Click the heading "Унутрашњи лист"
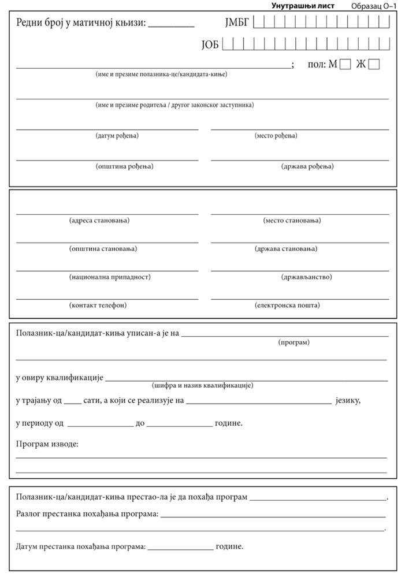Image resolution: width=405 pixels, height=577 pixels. (x=303, y=6)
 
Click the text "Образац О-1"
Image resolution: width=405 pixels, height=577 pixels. (x=373, y=6)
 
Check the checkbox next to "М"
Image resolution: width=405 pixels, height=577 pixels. (x=345, y=64)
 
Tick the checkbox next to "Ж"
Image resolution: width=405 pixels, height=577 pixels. (x=374, y=64)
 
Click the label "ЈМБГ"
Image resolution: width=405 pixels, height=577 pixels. (x=236, y=24)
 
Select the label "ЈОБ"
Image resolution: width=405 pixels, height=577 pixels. (x=210, y=44)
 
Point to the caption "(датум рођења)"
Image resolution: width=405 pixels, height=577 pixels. (x=117, y=136)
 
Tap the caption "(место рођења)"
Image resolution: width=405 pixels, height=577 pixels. (x=276, y=136)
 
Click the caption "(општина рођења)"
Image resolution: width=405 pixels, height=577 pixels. (x=124, y=166)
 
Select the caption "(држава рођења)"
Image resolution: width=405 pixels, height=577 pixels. (x=307, y=166)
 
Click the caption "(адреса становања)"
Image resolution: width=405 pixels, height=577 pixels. (x=99, y=221)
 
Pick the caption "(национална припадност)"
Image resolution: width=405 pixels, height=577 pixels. (x=109, y=277)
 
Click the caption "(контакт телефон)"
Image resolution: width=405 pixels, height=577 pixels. (x=98, y=305)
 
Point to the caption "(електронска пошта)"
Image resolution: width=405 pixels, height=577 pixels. (x=287, y=305)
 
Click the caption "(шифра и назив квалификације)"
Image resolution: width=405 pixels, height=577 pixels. (x=202, y=385)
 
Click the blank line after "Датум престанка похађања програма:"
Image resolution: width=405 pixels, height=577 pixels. (x=180, y=546)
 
